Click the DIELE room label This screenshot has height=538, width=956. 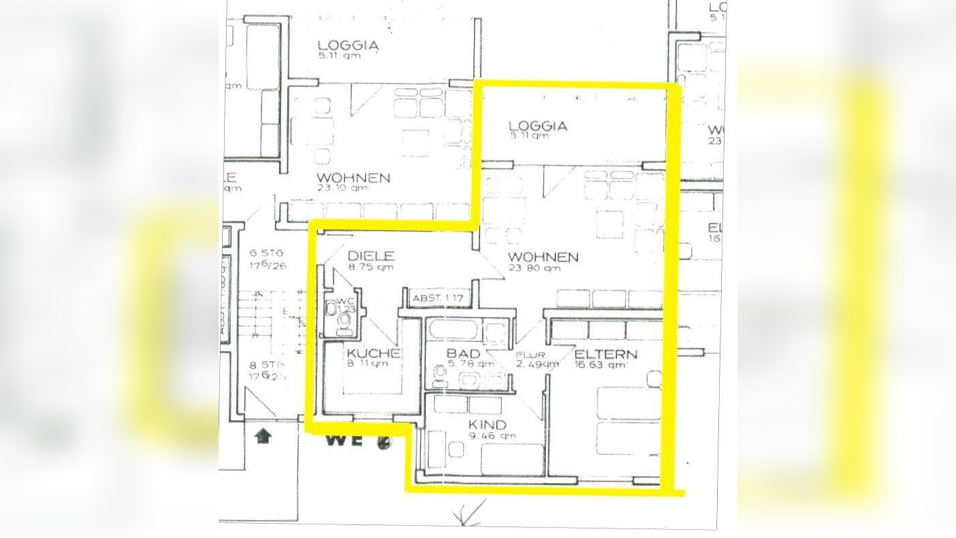click(371, 256)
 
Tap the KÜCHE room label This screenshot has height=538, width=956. click(373, 353)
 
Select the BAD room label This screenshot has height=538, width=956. click(463, 354)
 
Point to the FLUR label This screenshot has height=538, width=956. click(530, 355)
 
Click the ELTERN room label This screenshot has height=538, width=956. click(606, 354)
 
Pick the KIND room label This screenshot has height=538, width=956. click(488, 425)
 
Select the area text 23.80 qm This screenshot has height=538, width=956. click(534, 268)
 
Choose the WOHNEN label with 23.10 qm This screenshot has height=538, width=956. click(353, 178)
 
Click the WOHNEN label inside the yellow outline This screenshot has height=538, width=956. click(543, 257)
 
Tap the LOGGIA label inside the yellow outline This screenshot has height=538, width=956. click(537, 126)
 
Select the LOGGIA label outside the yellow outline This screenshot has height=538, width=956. click(348, 46)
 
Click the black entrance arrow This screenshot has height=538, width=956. click(261, 435)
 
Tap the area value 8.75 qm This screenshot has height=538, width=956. click(370, 268)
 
